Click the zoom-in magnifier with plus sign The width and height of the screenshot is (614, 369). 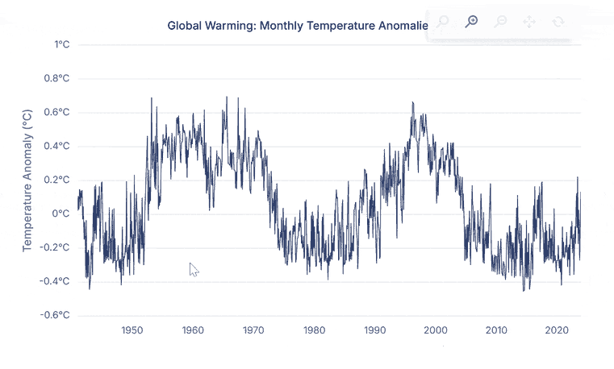point(472,22)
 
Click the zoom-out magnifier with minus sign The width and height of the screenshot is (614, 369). point(500,22)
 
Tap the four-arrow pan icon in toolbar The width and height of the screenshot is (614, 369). point(529,22)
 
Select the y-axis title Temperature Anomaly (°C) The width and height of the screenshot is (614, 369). point(27,180)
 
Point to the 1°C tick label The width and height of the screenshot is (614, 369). point(62,45)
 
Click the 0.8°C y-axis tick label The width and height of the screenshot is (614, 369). point(56,79)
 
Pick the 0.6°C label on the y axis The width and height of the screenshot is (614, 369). point(56,113)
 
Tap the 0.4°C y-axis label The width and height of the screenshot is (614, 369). point(56,147)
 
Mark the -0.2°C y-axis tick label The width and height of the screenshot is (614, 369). point(55,248)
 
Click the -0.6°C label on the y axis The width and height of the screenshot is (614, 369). point(55,315)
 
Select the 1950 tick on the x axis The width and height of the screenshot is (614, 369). point(132,330)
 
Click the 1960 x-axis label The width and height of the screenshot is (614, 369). point(193,330)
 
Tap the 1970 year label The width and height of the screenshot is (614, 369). point(253,330)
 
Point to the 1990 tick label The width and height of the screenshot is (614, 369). point(374,330)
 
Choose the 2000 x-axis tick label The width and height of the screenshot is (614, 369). point(435,330)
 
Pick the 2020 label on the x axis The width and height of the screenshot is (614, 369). point(556,330)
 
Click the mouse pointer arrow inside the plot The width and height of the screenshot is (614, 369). point(194,269)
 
